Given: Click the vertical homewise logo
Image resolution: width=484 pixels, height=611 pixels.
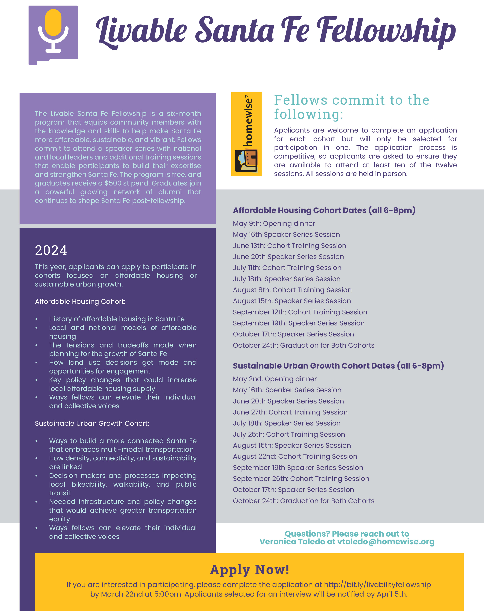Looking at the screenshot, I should (x=246, y=134).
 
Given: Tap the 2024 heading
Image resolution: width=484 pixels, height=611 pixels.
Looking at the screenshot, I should (x=51, y=250).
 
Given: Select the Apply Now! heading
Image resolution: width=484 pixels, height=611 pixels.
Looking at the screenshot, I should (x=249, y=569).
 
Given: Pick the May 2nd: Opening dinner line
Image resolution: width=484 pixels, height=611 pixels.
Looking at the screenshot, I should (x=275, y=379).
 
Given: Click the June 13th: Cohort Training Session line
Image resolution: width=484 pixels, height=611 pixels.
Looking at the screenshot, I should (x=289, y=246).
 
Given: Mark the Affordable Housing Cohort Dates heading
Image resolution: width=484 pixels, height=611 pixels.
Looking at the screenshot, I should (x=324, y=210).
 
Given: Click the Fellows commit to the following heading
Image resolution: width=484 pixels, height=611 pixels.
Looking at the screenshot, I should (x=351, y=107).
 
